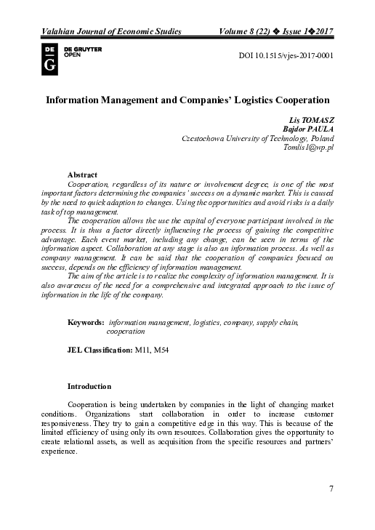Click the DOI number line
(286, 56)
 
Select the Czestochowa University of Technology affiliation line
(257, 137)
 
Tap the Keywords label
(86, 321)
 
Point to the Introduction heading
(89, 385)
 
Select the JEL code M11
(143, 350)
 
